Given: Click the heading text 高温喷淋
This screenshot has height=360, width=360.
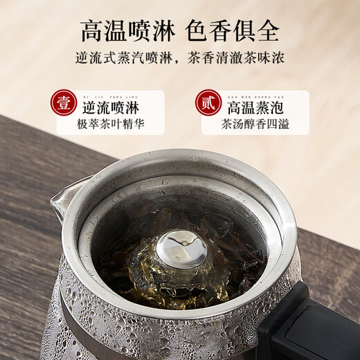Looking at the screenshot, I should click(129, 30).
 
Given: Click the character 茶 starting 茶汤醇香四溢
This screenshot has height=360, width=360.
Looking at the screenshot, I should click(226, 126).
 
